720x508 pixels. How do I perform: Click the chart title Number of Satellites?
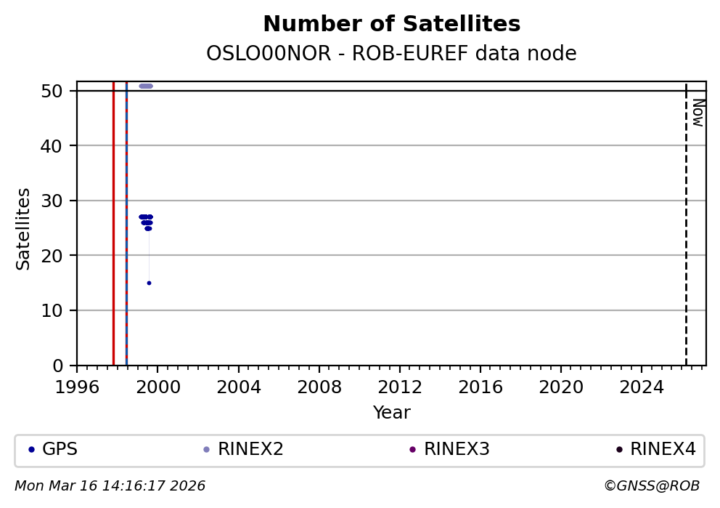click(391, 25)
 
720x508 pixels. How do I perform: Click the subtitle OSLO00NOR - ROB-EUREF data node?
click(391, 54)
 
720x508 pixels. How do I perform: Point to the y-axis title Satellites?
click(24, 229)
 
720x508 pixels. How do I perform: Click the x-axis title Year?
click(391, 413)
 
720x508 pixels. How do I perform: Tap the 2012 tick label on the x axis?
click(399, 387)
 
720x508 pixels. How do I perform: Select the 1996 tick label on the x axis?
click(77, 387)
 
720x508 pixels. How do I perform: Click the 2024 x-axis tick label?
click(642, 387)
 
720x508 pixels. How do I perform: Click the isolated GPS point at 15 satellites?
click(149, 283)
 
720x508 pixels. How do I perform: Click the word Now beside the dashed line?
click(697, 113)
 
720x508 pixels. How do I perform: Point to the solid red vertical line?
click(113, 218)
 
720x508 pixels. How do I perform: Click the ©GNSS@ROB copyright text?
click(651, 485)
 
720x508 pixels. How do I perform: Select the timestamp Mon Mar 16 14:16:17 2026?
click(110, 485)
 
